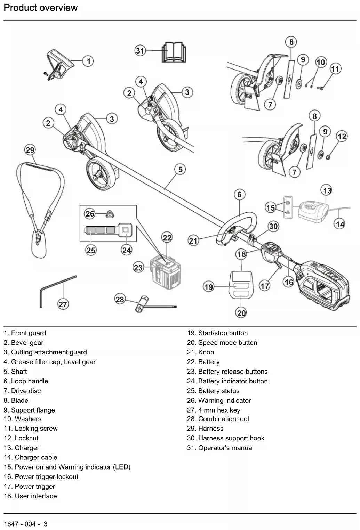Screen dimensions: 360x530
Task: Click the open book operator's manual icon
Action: pyautogui.click(x=174, y=52)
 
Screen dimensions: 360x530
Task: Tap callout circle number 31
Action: pyautogui.click(x=140, y=51)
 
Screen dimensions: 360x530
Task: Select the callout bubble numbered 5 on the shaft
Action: pyautogui.click(x=180, y=169)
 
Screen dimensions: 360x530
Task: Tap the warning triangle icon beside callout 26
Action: pyautogui.click(x=110, y=214)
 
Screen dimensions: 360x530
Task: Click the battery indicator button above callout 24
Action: pyautogui.click(x=126, y=230)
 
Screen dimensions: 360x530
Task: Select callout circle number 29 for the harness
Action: pyautogui.click(x=30, y=150)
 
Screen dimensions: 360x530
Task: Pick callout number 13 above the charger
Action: pyautogui.click(x=327, y=190)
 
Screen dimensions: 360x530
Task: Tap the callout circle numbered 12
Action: pyautogui.click(x=342, y=136)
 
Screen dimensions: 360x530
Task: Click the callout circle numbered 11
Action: pyautogui.click(x=335, y=69)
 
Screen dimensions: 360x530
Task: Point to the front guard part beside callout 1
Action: pyautogui.click(x=59, y=65)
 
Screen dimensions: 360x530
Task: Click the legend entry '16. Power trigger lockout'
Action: pyautogui.click(x=41, y=476)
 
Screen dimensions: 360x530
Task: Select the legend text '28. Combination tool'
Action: pyautogui.click(x=218, y=419)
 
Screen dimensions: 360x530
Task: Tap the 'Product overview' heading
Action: pyautogui.click(x=40, y=8)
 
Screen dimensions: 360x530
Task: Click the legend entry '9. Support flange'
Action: pyautogui.click(x=29, y=410)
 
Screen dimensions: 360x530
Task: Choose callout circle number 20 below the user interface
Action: pyautogui.click(x=241, y=313)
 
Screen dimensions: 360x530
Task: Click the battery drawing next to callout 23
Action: pyautogui.click(x=165, y=274)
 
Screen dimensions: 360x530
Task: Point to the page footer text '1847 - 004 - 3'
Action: pyautogui.click(x=26, y=524)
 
